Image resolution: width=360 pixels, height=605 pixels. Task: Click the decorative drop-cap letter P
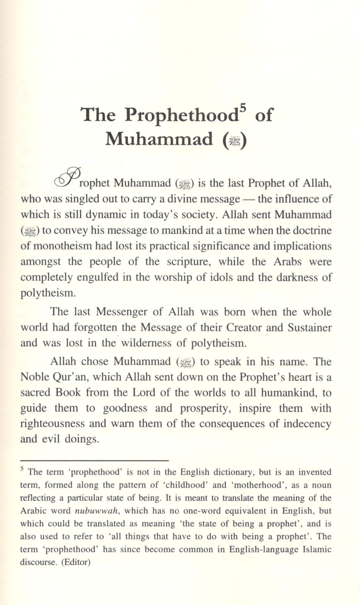coord(68,177)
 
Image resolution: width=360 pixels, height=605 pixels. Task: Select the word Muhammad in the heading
coord(159,139)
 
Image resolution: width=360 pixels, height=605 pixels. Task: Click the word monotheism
coord(62,246)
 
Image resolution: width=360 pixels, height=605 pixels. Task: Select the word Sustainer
coord(309,327)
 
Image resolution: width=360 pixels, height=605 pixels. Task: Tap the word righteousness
coord(53,424)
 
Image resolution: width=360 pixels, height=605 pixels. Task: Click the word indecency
coord(307,424)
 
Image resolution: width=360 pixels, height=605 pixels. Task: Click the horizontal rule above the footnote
coord(94,460)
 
